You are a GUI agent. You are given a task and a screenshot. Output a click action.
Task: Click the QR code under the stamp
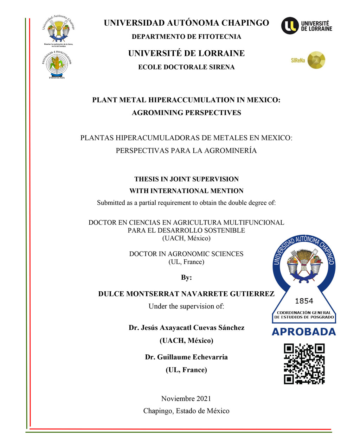[x=304, y=364]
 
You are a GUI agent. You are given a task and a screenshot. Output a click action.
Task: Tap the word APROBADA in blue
[x=304, y=332]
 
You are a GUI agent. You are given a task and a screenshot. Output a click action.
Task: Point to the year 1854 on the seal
[x=304, y=301]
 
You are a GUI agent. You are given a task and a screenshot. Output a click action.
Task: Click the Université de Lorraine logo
[x=306, y=26]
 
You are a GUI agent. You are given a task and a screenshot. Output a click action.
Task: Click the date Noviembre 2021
[x=186, y=399]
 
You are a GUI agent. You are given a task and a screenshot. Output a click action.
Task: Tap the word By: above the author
[x=186, y=278]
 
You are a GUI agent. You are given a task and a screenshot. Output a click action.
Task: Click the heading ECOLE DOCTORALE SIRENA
[x=186, y=67]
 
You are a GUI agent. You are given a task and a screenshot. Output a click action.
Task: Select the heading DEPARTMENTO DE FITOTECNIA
[x=186, y=37]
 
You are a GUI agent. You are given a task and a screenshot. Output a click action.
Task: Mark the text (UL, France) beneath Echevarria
[x=186, y=370]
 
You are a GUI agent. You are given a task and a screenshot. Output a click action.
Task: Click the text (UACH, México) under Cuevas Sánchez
[x=186, y=341]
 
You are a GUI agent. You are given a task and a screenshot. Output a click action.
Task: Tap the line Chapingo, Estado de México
[x=186, y=411]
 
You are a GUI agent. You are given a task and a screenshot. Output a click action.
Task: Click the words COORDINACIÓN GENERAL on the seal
[x=304, y=312]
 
